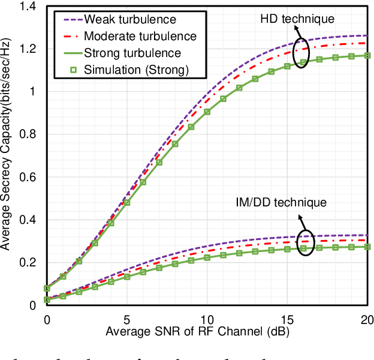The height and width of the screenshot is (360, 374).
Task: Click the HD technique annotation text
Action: [297, 20]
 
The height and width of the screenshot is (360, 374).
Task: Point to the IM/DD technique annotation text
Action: [282, 202]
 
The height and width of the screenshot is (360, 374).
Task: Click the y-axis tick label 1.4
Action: [29, 6]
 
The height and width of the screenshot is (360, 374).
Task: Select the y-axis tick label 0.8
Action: [29, 134]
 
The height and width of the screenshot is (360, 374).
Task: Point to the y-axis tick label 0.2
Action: [29, 263]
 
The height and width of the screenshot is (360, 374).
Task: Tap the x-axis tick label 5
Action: [126, 319]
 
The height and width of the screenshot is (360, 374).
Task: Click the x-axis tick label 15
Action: [287, 319]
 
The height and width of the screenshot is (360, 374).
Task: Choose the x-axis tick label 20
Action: [365, 319]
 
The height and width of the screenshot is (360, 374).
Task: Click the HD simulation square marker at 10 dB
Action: [207, 112]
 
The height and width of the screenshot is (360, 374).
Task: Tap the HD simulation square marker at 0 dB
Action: [47, 288]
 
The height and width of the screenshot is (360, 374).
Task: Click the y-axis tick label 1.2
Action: [29, 49]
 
